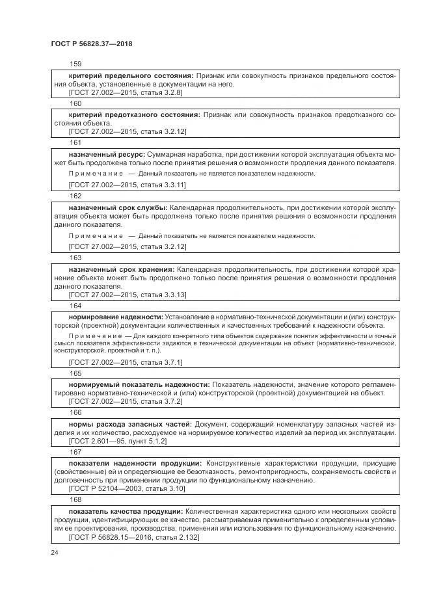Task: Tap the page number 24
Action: tap(54, 552)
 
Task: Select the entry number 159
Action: tap(75, 64)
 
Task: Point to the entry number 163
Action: tap(75, 258)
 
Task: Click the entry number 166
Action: tap(75, 412)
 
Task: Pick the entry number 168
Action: tap(75, 499)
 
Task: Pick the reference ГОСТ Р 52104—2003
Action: tap(118, 489)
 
